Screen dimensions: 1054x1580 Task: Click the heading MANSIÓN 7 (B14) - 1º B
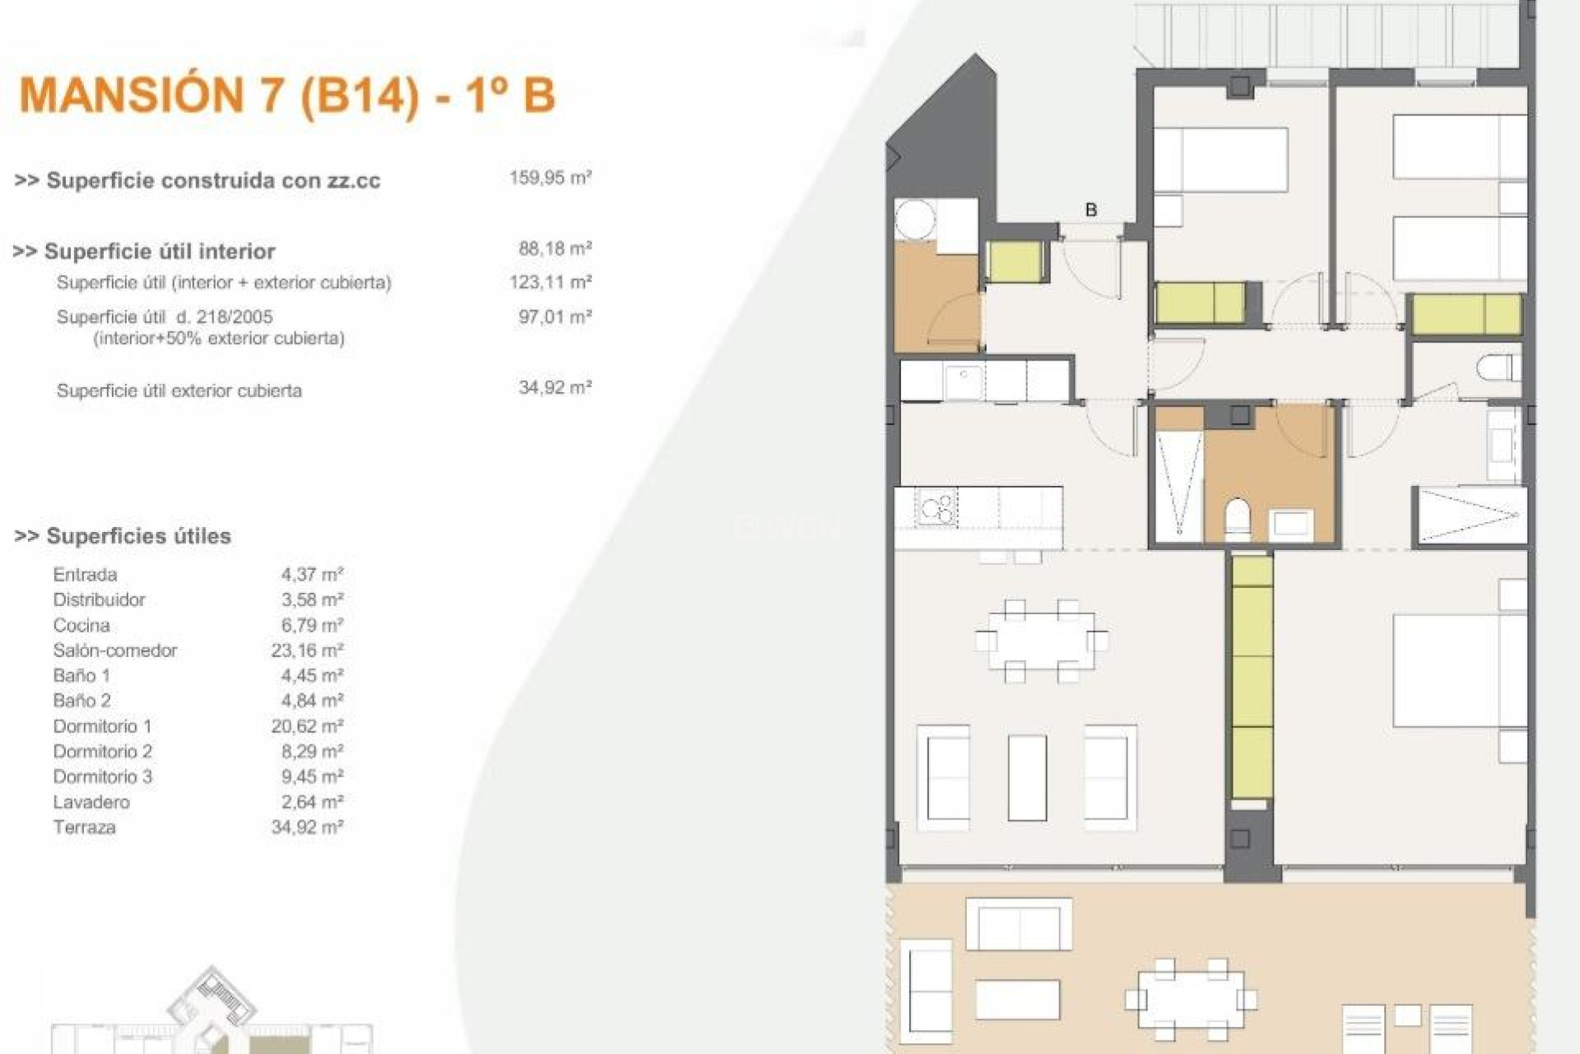click(287, 95)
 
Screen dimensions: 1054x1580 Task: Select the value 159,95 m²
click(550, 178)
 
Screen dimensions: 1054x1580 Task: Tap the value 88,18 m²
click(555, 249)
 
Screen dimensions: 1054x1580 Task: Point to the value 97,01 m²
click(555, 317)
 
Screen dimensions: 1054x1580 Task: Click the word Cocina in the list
click(81, 626)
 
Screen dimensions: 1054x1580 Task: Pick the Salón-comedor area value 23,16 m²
click(307, 651)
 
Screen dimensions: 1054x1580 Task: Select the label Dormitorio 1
click(102, 726)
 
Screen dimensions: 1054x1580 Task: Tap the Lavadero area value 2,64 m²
click(312, 802)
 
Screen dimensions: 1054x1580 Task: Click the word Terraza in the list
click(84, 828)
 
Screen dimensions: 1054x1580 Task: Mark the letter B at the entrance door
click(1091, 210)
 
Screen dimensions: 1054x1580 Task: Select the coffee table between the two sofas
click(1027, 777)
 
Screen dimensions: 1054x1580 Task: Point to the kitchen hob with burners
click(937, 508)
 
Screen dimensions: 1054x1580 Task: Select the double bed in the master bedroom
click(1458, 671)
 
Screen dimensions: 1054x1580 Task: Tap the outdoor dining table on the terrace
click(1190, 1000)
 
